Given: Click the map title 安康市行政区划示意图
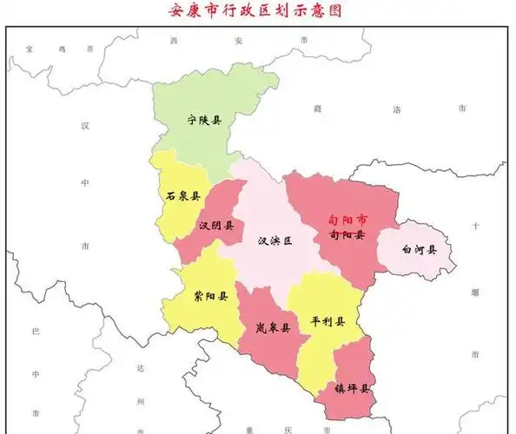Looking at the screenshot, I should (x=257, y=11).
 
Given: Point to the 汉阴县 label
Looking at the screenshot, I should (x=216, y=226).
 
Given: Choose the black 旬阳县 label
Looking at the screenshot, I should (x=347, y=234).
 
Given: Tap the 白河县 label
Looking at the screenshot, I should (x=419, y=250).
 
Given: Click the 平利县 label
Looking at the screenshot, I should (x=327, y=321).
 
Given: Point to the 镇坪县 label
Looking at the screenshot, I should (x=353, y=388).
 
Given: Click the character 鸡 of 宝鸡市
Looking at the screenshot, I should (x=61, y=50).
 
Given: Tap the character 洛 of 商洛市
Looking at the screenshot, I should (x=397, y=109).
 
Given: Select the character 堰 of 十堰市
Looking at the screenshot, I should (x=475, y=292).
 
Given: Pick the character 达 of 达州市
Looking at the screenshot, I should (x=140, y=367).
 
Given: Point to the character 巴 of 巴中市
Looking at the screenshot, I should (x=36, y=332).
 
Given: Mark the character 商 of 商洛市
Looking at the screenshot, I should (x=318, y=109).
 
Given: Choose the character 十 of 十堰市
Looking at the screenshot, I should (x=475, y=226).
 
